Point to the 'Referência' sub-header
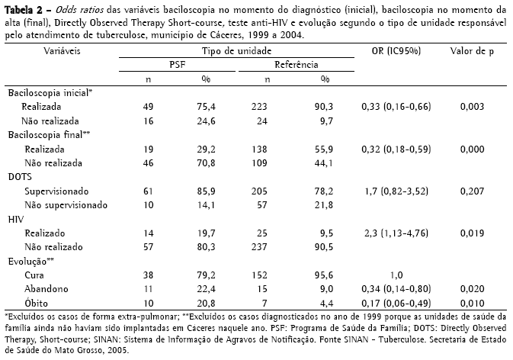tap(297, 65)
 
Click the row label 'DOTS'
tap(20, 175)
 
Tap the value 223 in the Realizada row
tap(265, 107)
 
